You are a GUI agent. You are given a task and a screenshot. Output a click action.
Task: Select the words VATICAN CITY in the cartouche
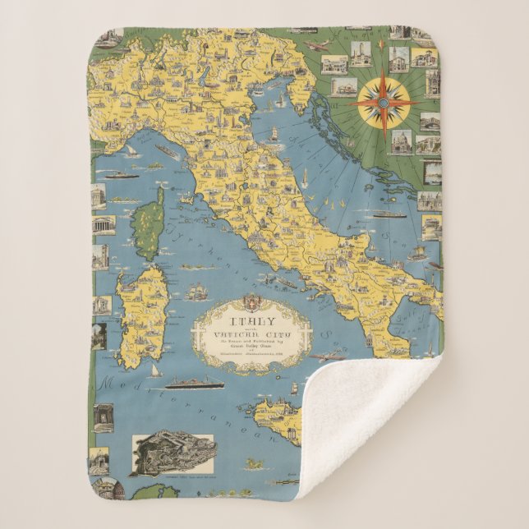coord(251,334)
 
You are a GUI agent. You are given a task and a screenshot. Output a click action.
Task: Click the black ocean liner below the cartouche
coord(194,384)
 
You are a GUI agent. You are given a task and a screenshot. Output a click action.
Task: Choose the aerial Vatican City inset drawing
coord(172,449)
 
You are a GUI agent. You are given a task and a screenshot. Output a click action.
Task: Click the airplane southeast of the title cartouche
coord(326,356)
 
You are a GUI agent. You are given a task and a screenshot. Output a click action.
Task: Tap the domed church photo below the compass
coord(401,140)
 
